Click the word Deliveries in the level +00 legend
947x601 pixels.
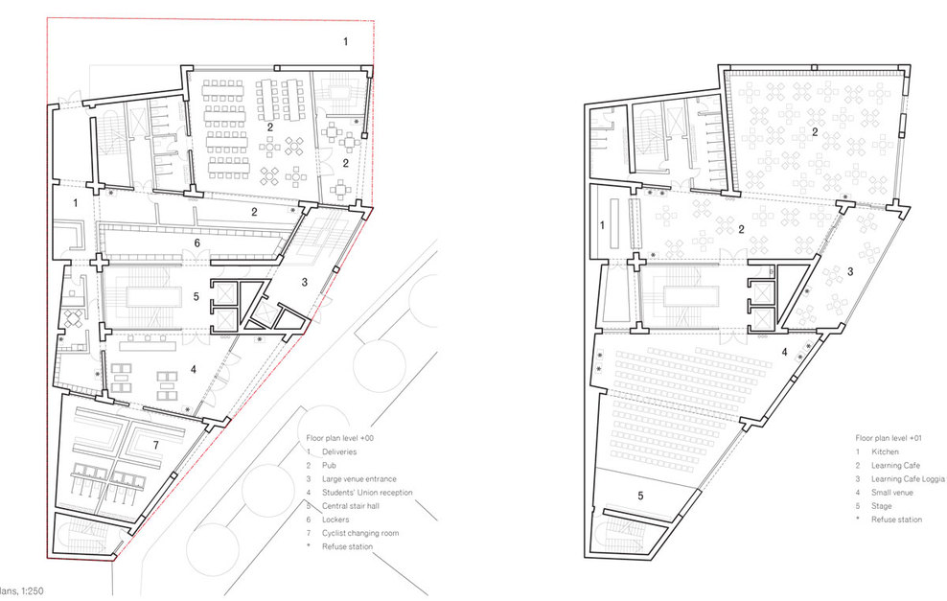click(x=339, y=451)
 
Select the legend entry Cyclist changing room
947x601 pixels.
click(x=360, y=533)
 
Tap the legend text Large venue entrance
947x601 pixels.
click(x=359, y=479)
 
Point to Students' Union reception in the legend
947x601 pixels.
click(x=367, y=493)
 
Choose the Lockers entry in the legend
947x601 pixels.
click(x=335, y=520)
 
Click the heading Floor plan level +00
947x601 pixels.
click(x=340, y=438)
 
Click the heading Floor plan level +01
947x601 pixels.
click(x=889, y=438)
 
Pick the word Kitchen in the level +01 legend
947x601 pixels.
click(x=886, y=451)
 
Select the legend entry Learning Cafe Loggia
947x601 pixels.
click(x=908, y=479)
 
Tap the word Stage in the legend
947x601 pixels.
click(x=881, y=506)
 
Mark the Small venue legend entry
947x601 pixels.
click(x=892, y=493)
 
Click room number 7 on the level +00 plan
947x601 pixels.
click(x=156, y=445)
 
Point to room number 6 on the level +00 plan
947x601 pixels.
click(x=196, y=243)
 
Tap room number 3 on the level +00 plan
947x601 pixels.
click(x=305, y=282)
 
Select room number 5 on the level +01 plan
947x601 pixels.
click(x=641, y=496)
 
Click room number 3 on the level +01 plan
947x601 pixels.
click(x=850, y=272)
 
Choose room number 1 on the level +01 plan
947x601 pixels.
click(x=602, y=225)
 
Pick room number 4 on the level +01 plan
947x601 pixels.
click(x=785, y=352)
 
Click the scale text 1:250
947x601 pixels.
click(x=33, y=591)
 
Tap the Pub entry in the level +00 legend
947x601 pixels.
click(x=329, y=466)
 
